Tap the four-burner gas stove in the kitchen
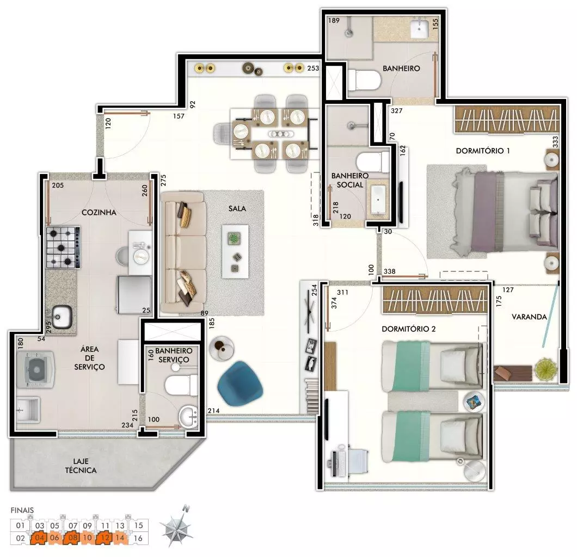coord(63,247)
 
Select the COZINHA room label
coord(99,212)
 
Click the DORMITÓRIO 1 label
coord(483,151)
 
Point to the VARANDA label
coord(529,317)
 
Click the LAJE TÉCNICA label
coord(81,466)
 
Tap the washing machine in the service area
coord(36,369)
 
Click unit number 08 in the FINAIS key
coord(73,538)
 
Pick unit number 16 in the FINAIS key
coord(138,538)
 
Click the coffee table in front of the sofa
coord(235,252)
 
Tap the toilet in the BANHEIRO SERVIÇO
coord(181,385)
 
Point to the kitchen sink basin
coord(62,317)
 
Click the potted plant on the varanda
coord(545,369)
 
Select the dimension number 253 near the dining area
coord(313,68)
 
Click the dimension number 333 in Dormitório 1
coord(555,141)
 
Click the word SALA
coord(237,208)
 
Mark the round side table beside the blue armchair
coord(221,348)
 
